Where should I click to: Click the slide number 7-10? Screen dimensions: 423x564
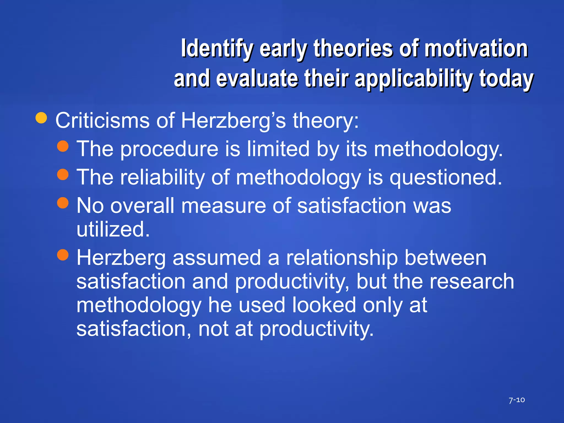click(x=516, y=400)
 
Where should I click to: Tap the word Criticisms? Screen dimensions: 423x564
click(x=102, y=120)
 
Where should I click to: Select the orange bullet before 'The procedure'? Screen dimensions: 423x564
click(x=63, y=146)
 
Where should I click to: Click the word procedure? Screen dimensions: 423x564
click(x=169, y=149)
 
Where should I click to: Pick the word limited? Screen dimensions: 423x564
click(x=278, y=149)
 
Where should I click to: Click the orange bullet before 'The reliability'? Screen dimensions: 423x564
click(x=63, y=174)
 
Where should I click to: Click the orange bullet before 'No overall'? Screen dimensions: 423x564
click(x=63, y=203)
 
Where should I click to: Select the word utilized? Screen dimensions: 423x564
click(x=113, y=229)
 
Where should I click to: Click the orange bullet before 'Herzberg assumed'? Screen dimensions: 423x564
click(x=63, y=255)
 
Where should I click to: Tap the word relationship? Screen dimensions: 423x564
click(x=342, y=258)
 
